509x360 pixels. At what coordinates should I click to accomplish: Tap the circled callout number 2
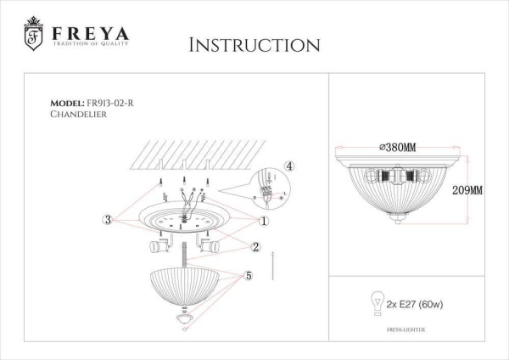point(254,246)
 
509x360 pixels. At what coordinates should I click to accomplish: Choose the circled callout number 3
point(108,221)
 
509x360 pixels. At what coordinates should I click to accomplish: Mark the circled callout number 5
point(249,276)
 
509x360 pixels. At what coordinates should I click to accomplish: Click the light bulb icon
point(370,299)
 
